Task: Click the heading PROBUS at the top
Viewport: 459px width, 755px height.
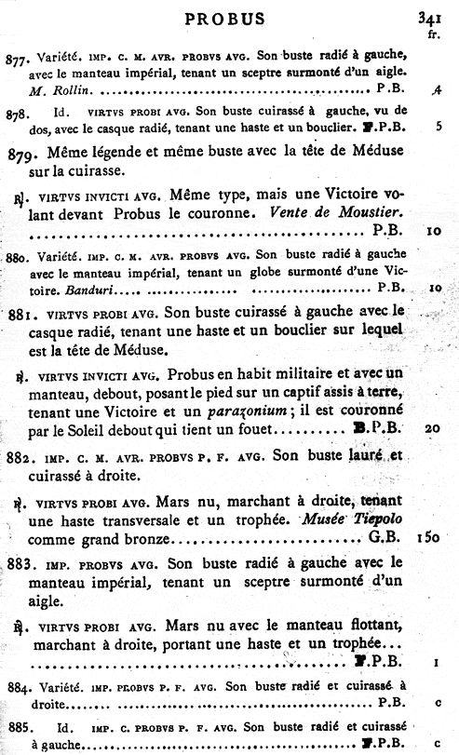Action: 224,18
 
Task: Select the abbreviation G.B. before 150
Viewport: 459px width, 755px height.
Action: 385,538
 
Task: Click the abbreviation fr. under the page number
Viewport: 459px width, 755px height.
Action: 432,33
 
